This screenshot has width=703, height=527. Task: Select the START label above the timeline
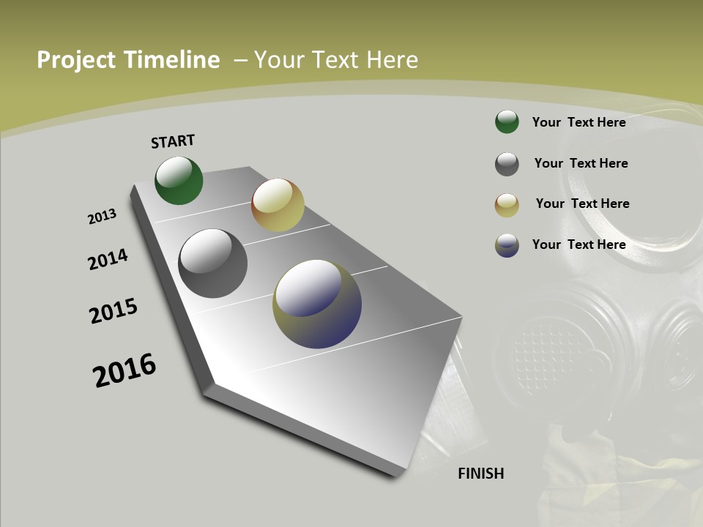[x=173, y=141]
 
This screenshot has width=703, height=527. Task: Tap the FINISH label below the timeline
[x=480, y=474]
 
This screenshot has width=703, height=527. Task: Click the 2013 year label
[x=102, y=217]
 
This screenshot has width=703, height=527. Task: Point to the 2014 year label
[x=108, y=260]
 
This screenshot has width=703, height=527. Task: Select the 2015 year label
[x=114, y=311]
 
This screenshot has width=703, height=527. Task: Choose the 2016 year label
[x=124, y=370]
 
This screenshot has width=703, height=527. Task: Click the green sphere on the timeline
[x=179, y=181]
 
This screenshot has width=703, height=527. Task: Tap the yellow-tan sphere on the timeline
[x=278, y=205]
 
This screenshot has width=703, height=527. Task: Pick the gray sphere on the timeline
[x=212, y=263]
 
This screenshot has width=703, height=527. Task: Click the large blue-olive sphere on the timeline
[x=317, y=304]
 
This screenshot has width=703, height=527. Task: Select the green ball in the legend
[x=507, y=122]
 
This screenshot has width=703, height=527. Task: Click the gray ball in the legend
[x=507, y=164]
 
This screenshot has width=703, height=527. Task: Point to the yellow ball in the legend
[x=507, y=205]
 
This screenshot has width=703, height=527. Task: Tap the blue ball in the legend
[x=507, y=245]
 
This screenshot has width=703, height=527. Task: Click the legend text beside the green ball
[x=579, y=122]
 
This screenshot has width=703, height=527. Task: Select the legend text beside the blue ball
[x=579, y=244]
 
